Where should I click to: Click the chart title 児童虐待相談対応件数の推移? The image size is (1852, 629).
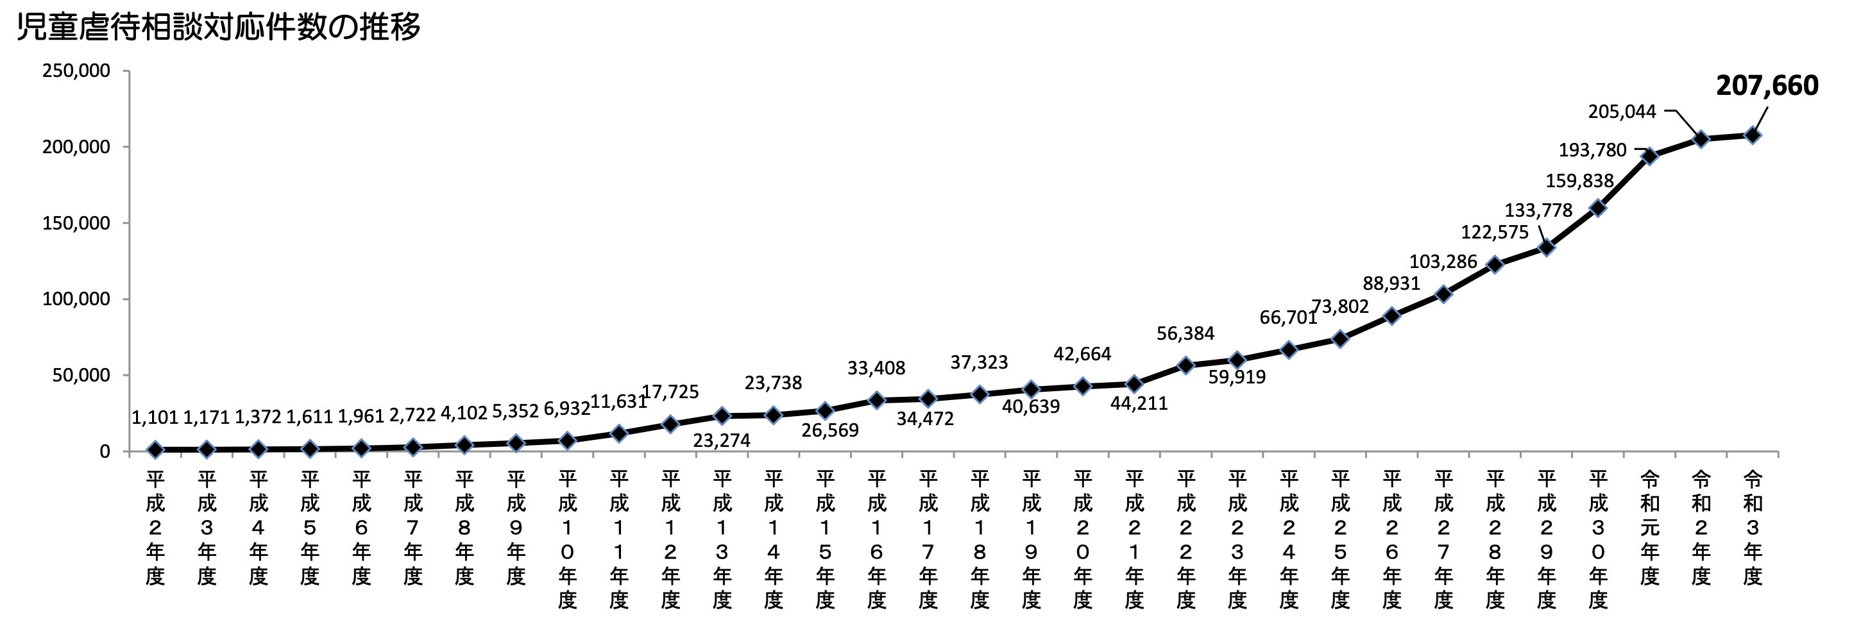tap(218, 28)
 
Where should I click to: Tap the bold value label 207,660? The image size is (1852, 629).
tap(1767, 85)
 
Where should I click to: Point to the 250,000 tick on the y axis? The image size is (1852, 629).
tap(76, 71)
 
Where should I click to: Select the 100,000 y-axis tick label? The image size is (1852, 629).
tap(76, 299)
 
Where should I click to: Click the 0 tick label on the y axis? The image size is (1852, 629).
tap(105, 451)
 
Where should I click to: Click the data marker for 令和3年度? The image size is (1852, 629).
tap(1753, 135)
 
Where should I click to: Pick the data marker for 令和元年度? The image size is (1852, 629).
tap(1650, 156)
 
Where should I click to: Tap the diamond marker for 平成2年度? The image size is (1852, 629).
tap(155, 450)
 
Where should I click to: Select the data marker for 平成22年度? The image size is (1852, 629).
tap(1185, 365)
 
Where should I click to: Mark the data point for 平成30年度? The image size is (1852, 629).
tap(1598, 208)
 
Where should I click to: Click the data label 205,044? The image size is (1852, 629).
tap(1621, 112)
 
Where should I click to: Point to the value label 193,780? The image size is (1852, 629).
tap(1592, 150)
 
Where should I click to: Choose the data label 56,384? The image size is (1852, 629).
tap(1185, 333)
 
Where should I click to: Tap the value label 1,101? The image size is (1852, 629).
tap(155, 417)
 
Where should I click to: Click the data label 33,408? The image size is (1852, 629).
tap(876, 368)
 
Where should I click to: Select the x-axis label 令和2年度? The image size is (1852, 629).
tap(1701, 528)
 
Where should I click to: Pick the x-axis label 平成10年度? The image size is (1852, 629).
tap(567, 540)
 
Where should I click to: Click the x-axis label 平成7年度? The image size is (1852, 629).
tap(412, 528)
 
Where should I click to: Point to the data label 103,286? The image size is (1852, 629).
tap(1442, 262)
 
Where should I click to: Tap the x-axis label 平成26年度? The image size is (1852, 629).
tap(1392, 540)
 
